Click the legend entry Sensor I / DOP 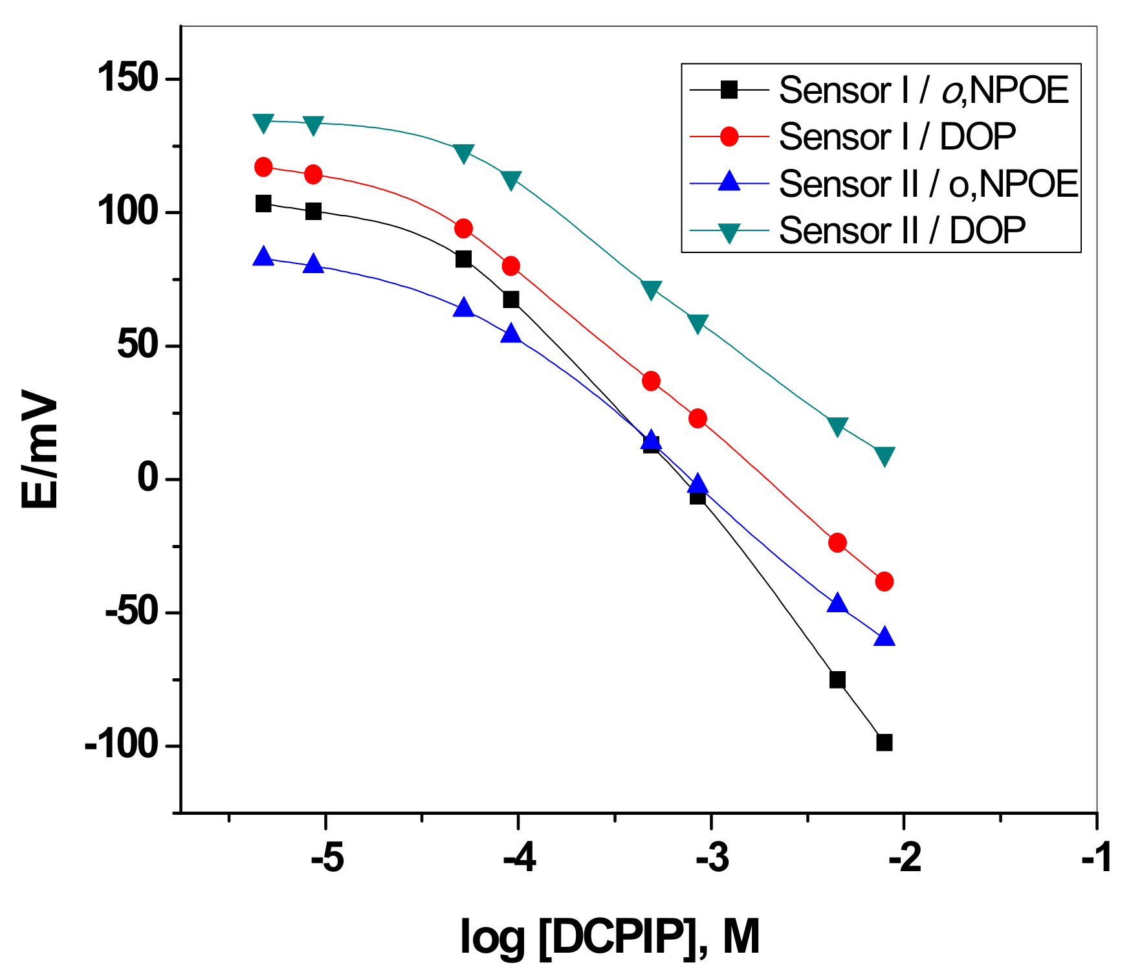(897, 137)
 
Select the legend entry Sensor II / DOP (902, 230)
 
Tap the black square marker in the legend (729, 89)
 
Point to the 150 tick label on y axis (128, 79)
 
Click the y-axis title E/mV (40, 449)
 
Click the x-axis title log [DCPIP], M (609, 937)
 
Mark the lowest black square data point (884, 742)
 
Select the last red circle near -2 (884, 581)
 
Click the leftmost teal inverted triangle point (263, 122)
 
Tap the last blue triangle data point (884, 637)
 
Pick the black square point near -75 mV (837, 680)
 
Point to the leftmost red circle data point (263, 167)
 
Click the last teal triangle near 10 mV (884, 456)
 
